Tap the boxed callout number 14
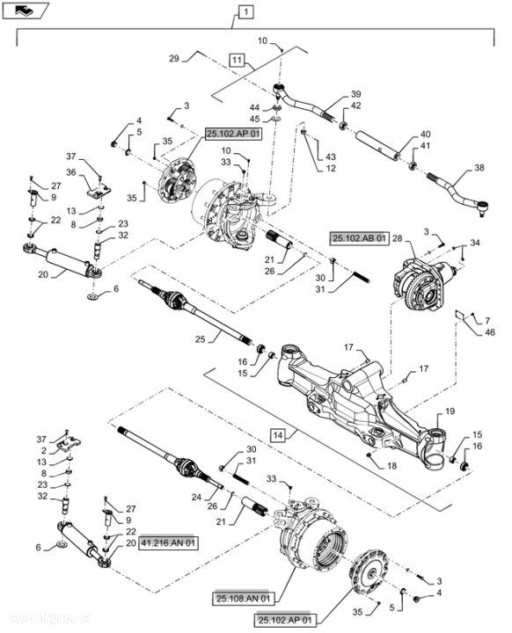pyautogui.click(x=276, y=434)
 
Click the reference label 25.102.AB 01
pyautogui.click(x=358, y=238)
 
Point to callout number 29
pyautogui.click(x=173, y=57)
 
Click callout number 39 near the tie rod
pyautogui.click(x=355, y=94)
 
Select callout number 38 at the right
pyautogui.click(x=479, y=168)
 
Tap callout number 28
pyautogui.click(x=397, y=238)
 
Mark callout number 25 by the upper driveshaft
pyautogui.click(x=201, y=338)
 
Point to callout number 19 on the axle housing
pyautogui.click(x=449, y=412)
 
